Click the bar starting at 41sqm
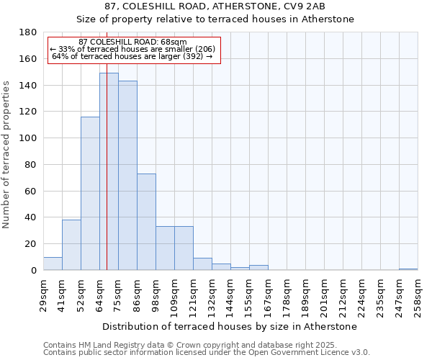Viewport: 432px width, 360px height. coord(71,245)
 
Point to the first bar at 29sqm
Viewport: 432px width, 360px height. coord(53,264)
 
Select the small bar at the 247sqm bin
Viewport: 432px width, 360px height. coord(408,269)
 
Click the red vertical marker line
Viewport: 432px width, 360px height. coord(107,180)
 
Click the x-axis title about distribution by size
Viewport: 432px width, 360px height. coord(230,326)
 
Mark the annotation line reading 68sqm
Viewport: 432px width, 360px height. coord(132,42)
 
